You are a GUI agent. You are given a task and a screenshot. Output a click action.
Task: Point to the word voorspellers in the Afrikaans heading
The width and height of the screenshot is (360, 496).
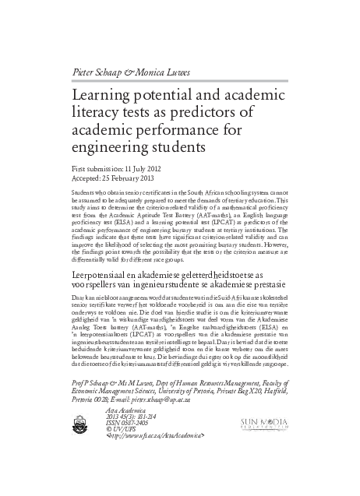tap(94, 287)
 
